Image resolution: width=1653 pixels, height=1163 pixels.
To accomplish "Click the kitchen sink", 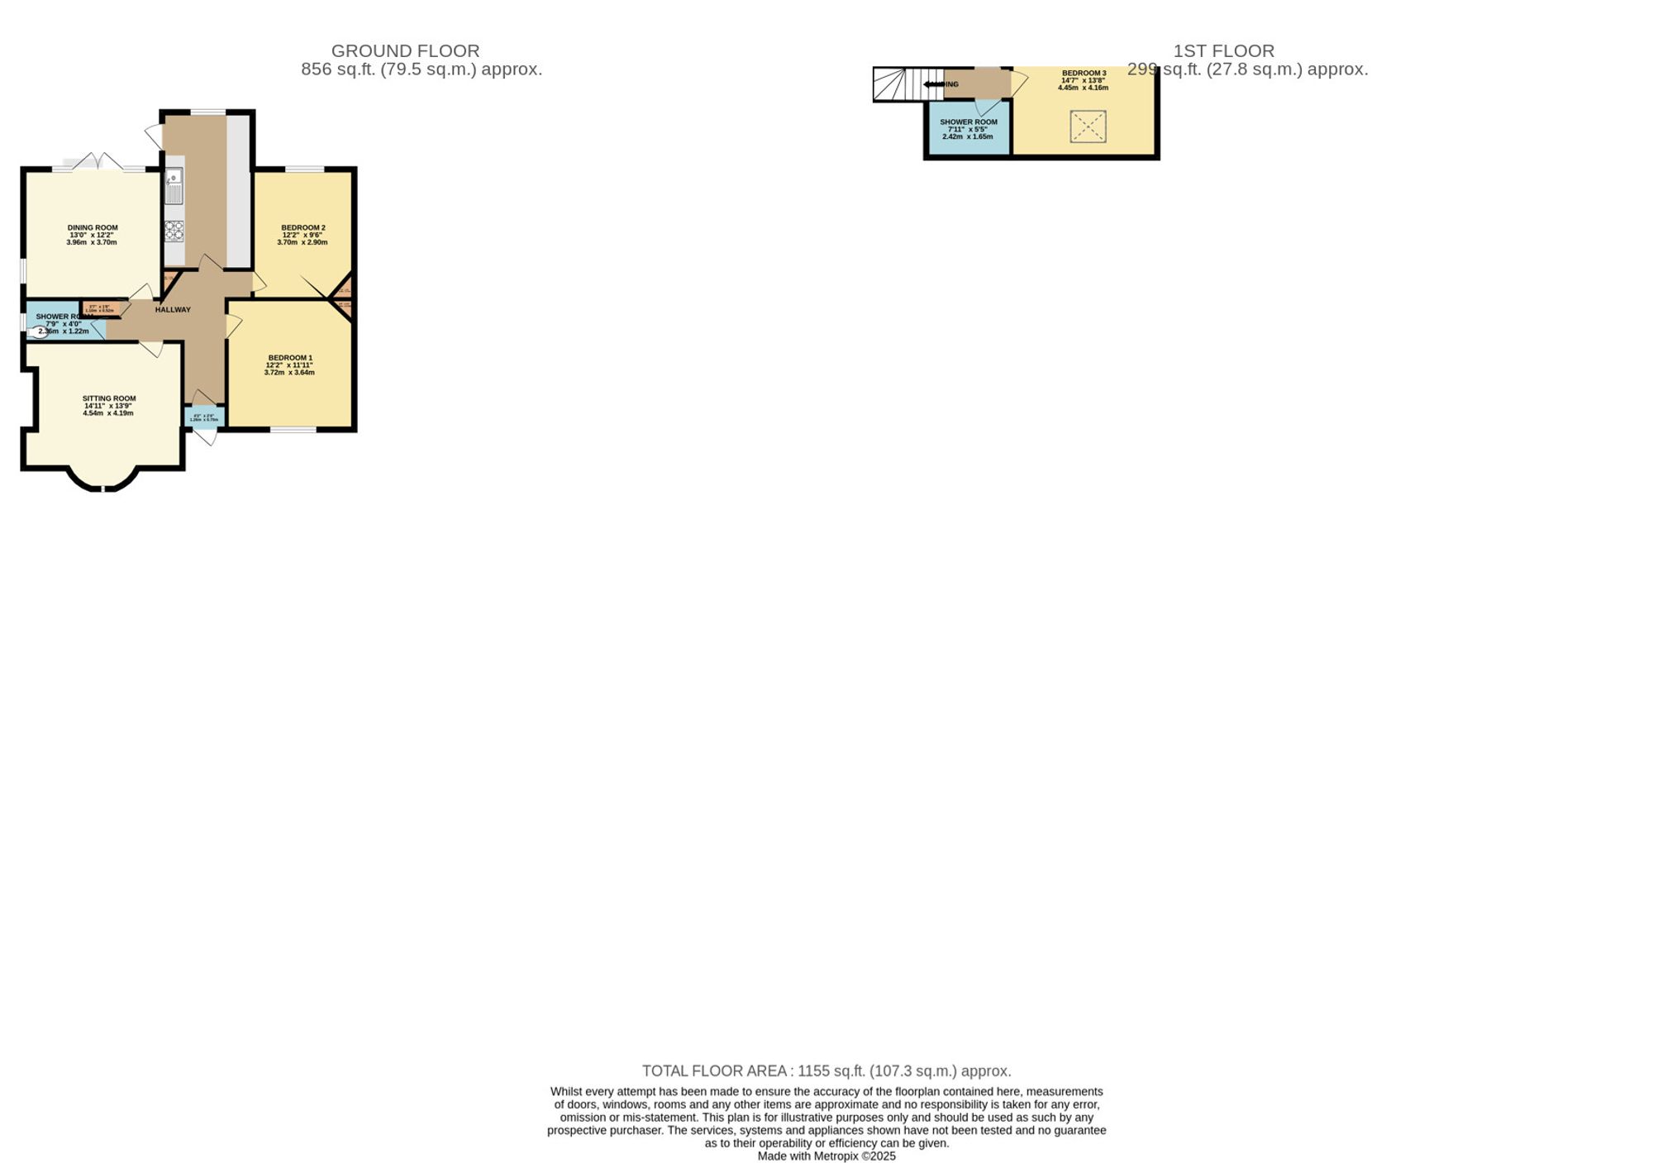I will (x=174, y=186).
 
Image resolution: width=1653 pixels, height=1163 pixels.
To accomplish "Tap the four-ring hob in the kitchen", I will (x=174, y=231).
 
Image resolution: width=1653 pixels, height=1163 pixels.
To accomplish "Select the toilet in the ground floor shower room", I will (x=38, y=332).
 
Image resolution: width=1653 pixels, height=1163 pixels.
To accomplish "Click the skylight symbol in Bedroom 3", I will (x=1088, y=126).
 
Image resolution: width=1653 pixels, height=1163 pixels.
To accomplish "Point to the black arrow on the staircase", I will (x=935, y=84).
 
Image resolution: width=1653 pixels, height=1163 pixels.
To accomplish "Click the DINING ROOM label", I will (x=93, y=227).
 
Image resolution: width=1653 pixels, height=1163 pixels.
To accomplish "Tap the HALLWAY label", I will (x=173, y=310).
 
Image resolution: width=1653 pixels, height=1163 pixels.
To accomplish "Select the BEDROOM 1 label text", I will (x=290, y=358).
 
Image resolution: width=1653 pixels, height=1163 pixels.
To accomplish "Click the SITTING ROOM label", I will (x=109, y=398).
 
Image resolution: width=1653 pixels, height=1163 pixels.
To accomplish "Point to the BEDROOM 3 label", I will (x=1084, y=73).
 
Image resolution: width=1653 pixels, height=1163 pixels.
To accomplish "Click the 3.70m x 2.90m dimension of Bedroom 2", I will (x=302, y=243).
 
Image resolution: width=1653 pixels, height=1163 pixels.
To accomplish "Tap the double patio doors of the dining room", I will (x=98, y=163).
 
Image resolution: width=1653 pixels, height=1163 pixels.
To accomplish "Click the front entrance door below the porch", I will (x=205, y=436).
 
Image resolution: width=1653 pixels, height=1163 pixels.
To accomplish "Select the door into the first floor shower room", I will (x=987, y=107).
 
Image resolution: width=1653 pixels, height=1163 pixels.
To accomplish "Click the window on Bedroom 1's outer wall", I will (x=293, y=429).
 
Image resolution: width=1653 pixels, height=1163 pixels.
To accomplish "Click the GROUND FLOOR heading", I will (x=405, y=51).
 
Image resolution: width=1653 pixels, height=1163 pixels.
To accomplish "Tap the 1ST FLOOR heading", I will (x=1223, y=51).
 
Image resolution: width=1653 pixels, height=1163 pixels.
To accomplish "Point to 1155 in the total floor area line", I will (x=813, y=1071).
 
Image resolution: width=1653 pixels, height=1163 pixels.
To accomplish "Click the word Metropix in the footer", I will (x=836, y=1156).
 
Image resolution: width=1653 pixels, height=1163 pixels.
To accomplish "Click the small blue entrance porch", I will (x=204, y=417).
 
